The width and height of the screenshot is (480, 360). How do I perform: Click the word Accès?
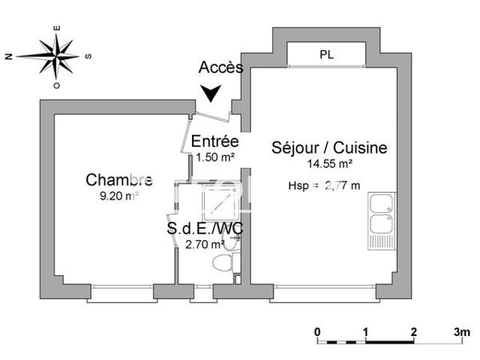point(221,68)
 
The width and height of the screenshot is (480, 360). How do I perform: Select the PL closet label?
point(326,55)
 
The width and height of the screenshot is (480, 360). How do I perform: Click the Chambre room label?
point(119,178)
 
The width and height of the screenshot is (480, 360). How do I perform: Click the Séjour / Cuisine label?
point(330,148)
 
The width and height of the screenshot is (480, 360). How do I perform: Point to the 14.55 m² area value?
point(330,163)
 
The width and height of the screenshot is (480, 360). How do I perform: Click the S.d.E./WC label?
point(205,229)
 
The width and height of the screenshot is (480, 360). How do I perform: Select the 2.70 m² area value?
point(205,245)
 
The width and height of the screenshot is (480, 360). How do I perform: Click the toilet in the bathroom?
point(222,262)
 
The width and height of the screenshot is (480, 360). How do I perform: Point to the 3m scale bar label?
point(461,330)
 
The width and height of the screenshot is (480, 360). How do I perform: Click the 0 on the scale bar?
point(318,330)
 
